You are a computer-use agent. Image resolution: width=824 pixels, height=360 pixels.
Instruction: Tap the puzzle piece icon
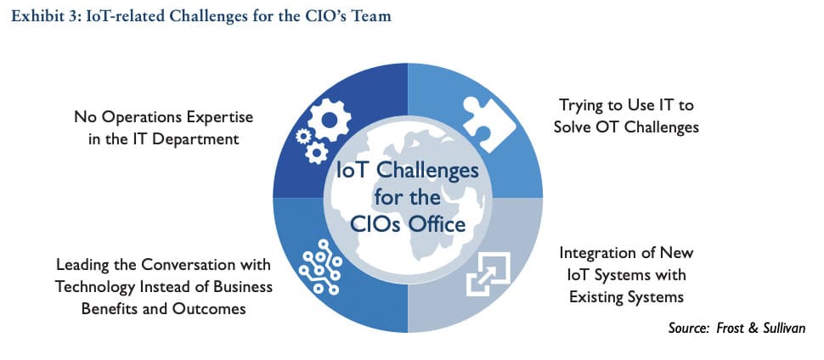click(488, 123)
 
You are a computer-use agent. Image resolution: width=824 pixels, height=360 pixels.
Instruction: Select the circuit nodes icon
click(320, 266)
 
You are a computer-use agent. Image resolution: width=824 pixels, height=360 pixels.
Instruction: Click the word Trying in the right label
click(578, 105)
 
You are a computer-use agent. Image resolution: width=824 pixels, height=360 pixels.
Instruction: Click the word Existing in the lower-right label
click(596, 297)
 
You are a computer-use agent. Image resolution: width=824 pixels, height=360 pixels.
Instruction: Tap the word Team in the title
click(374, 16)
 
